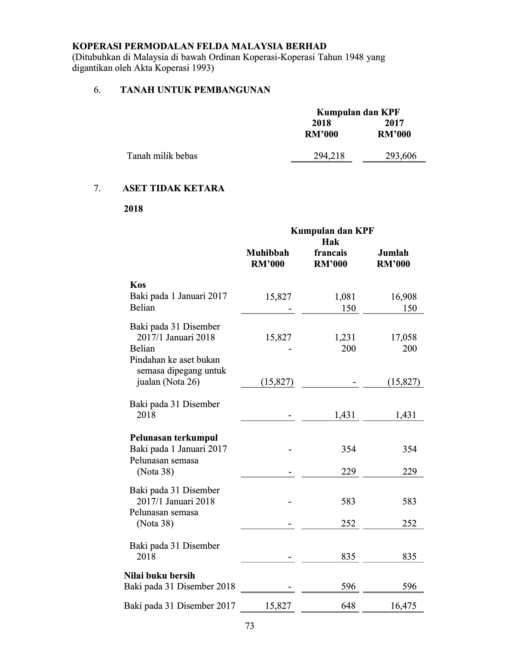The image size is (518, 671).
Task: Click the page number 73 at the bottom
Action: [x=250, y=626]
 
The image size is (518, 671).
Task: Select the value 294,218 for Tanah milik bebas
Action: [x=329, y=156]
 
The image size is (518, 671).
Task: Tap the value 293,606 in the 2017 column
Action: [x=401, y=156]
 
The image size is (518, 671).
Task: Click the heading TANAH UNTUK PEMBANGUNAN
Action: [x=195, y=90]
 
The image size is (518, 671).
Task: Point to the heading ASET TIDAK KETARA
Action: [x=174, y=188]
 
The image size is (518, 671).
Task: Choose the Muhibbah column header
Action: [x=268, y=253]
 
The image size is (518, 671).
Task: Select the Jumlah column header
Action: [x=393, y=253]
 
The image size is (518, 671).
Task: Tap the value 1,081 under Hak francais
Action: [x=345, y=297]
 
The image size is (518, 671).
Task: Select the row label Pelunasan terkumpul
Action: [x=174, y=438]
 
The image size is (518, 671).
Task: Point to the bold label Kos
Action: [x=138, y=285]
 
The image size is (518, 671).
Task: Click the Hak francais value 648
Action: [x=348, y=606]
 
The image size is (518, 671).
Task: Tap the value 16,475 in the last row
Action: [x=403, y=606]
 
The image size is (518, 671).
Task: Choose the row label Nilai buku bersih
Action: [x=159, y=576]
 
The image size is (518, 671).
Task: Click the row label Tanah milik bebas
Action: [x=162, y=156]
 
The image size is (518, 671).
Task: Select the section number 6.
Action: [x=97, y=90]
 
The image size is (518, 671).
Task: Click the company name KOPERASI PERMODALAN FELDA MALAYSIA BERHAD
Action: [x=199, y=46]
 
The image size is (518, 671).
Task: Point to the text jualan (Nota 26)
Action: [x=168, y=382]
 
